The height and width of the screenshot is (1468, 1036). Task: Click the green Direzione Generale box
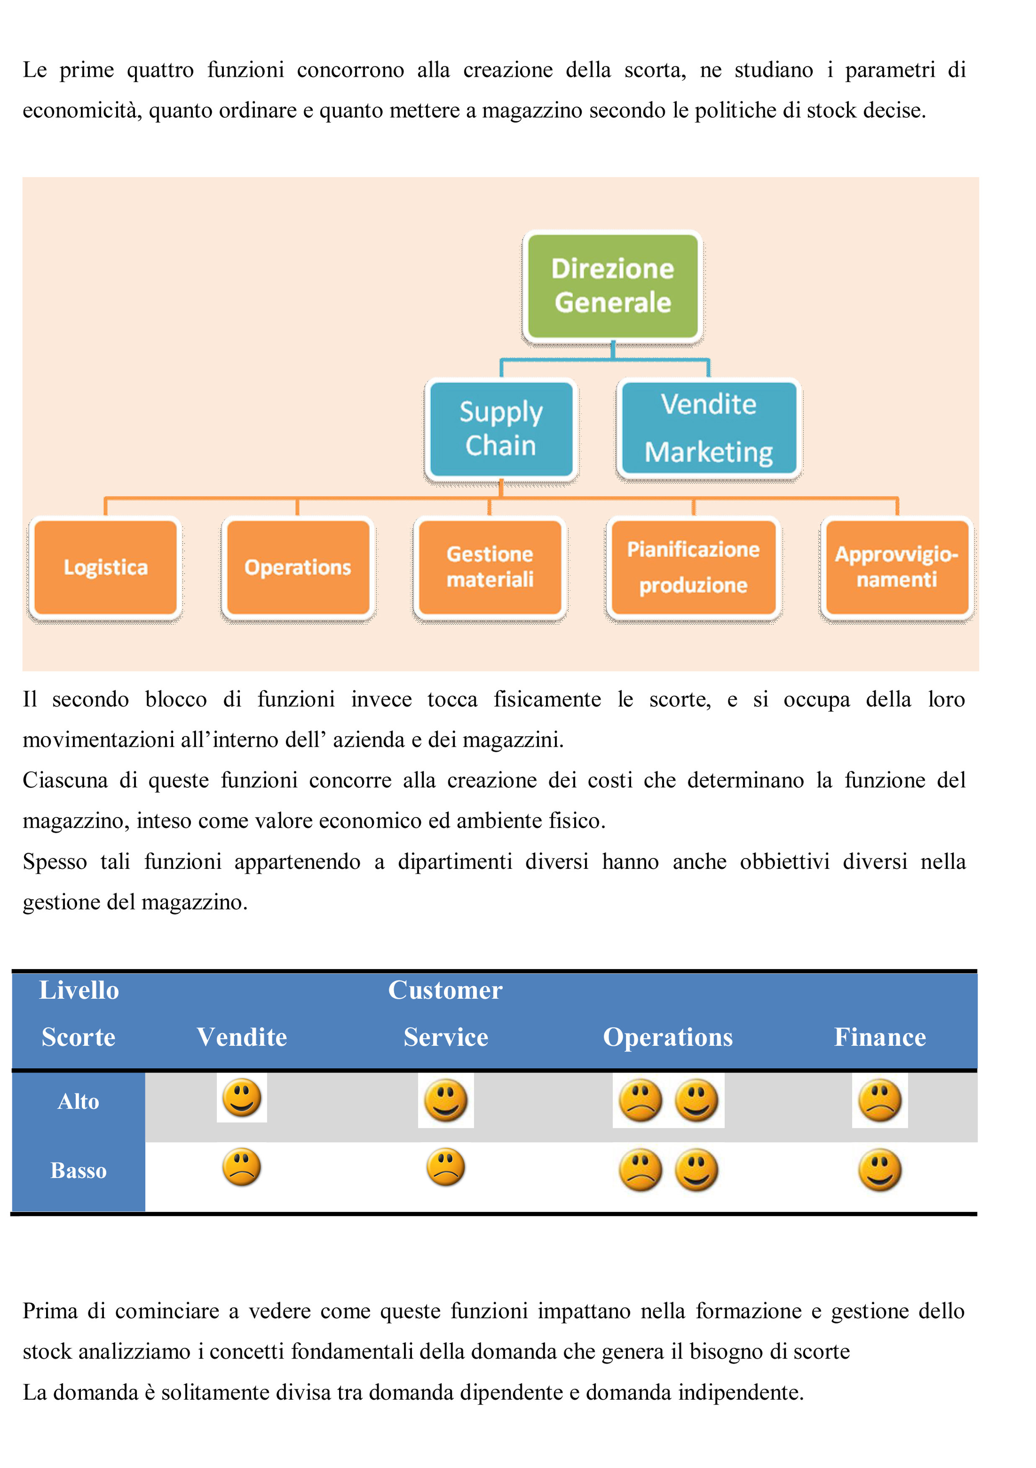pyautogui.click(x=612, y=286)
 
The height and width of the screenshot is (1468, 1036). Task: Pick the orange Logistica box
pyautogui.click(x=106, y=568)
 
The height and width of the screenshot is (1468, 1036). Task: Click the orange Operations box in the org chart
pyautogui.click(x=298, y=568)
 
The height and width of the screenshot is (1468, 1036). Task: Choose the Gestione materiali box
pyautogui.click(x=490, y=568)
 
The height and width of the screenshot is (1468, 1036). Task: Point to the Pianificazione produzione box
pyautogui.click(x=694, y=568)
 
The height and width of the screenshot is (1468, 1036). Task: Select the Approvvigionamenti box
pyautogui.click(x=897, y=568)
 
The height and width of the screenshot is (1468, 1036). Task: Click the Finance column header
pyautogui.click(x=880, y=1037)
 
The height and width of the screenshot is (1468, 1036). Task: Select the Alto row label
pyautogui.click(x=79, y=1102)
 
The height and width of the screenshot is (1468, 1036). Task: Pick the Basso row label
pyautogui.click(x=79, y=1171)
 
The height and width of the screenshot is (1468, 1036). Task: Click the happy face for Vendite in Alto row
pyautogui.click(x=241, y=1098)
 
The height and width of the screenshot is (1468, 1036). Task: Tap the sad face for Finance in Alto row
pyautogui.click(x=880, y=1100)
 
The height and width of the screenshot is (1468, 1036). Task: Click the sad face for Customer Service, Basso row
pyautogui.click(x=445, y=1167)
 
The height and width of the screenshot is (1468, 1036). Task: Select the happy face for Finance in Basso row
pyautogui.click(x=880, y=1170)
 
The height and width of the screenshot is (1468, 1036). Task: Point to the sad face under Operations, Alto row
pyautogui.click(x=640, y=1100)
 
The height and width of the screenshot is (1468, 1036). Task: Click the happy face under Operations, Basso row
pyautogui.click(x=697, y=1170)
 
